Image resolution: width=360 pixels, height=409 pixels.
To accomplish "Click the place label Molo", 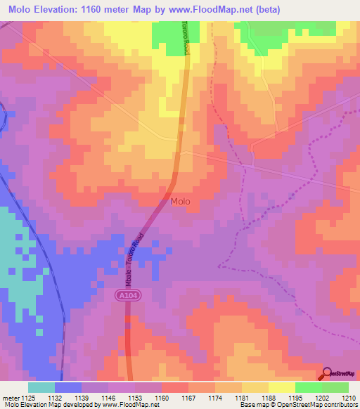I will [180, 202].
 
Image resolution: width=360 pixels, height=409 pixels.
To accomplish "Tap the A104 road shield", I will [124, 298].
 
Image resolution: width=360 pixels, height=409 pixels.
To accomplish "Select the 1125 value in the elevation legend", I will [28, 397].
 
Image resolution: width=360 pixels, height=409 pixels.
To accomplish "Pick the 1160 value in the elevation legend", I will [161, 397].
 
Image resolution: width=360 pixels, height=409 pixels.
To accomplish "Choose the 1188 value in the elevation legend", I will [268, 397].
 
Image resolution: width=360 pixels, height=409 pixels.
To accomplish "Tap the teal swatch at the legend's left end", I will [41, 387].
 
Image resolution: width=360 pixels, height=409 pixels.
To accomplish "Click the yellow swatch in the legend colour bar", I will [281, 387].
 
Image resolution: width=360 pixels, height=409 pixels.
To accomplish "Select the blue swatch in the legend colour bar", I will [68, 387].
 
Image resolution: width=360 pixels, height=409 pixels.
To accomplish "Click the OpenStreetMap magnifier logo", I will [328, 373].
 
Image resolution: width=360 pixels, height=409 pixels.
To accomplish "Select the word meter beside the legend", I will [10, 397].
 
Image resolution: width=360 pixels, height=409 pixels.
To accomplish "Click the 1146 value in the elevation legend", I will [108, 397].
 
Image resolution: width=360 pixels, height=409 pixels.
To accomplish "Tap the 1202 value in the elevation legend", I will [321, 397].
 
